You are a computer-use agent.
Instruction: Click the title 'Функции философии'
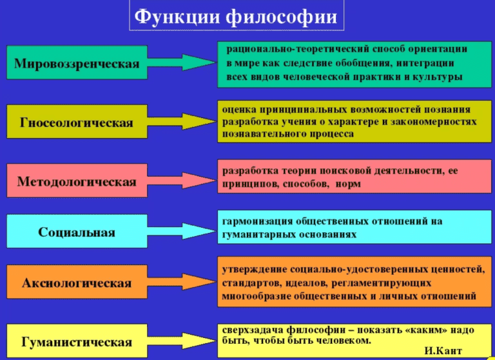point(237,15)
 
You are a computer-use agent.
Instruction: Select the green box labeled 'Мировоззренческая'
point(77,63)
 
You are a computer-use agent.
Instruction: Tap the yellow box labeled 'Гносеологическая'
point(77,122)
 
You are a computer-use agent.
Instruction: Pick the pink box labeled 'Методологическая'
point(77,181)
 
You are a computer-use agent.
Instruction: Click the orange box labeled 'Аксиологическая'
point(77,283)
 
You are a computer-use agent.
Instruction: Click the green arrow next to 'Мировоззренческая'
point(184,63)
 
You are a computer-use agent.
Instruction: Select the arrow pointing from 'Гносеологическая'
point(184,121)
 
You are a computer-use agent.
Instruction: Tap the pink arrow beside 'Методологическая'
point(184,181)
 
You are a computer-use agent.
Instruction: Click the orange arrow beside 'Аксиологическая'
point(184,283)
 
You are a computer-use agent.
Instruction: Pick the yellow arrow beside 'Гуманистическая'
point(184,341)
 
